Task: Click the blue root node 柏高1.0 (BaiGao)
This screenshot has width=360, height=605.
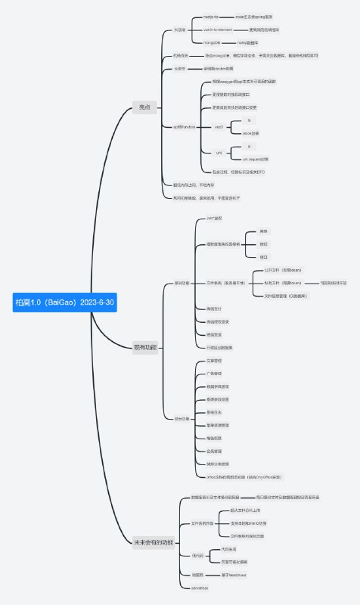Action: coord(65,302)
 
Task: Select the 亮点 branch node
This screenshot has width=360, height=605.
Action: coord(144,107)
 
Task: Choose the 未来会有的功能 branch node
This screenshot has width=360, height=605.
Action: coord(153,542)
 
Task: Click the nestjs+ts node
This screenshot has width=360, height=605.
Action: coord(212,15)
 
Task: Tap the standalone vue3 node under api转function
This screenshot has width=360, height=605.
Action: coord(219,126)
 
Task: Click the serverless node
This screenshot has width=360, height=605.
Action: coord(199,588)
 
